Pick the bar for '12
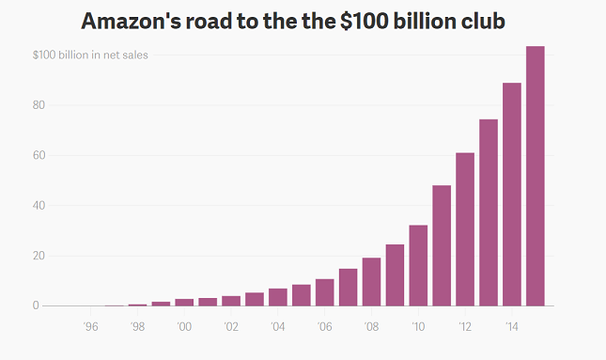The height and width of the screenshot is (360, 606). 465,229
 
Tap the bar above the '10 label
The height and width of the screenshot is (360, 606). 418,265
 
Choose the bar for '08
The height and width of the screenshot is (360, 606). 371,282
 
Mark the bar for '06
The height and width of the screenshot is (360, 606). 324,292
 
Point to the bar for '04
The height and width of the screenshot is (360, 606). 277,297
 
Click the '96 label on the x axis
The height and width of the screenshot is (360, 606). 90,326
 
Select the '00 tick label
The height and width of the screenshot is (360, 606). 184,326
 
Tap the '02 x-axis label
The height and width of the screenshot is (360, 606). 231,326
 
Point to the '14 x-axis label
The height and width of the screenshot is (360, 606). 512,326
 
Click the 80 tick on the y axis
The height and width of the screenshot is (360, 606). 39,105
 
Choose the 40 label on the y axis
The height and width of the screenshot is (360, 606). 39,206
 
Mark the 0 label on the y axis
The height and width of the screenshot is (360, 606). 36,305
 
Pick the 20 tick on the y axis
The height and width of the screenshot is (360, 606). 39,256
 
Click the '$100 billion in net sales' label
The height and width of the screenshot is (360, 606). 90,55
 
